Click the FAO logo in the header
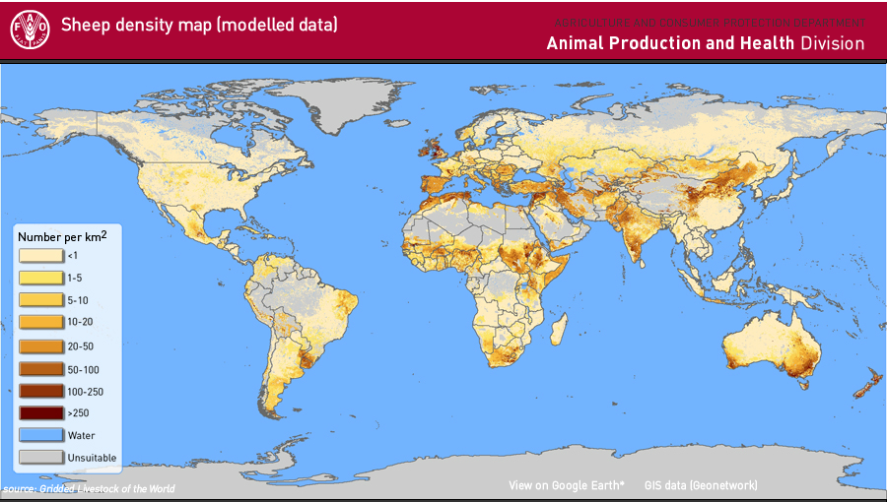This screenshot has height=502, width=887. coord(30,29)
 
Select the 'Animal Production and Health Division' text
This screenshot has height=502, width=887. coord(705,43)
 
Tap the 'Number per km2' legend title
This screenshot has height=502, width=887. coord(62,237)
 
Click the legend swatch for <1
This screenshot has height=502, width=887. coord(40,255)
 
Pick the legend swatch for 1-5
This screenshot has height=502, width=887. coord(40,278)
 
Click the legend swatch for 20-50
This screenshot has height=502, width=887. coord(40,346)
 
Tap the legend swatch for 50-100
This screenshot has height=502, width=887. coord(40,369)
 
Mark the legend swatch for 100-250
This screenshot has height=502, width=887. coord(40,391)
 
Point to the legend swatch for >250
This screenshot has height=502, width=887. coord(40,412)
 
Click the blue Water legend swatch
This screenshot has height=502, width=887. coord(40,435)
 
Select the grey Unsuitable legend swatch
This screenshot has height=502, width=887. coord(40,458)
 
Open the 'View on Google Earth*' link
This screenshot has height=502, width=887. coord(567,485)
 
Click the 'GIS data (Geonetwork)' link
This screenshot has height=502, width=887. coord(701,485)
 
